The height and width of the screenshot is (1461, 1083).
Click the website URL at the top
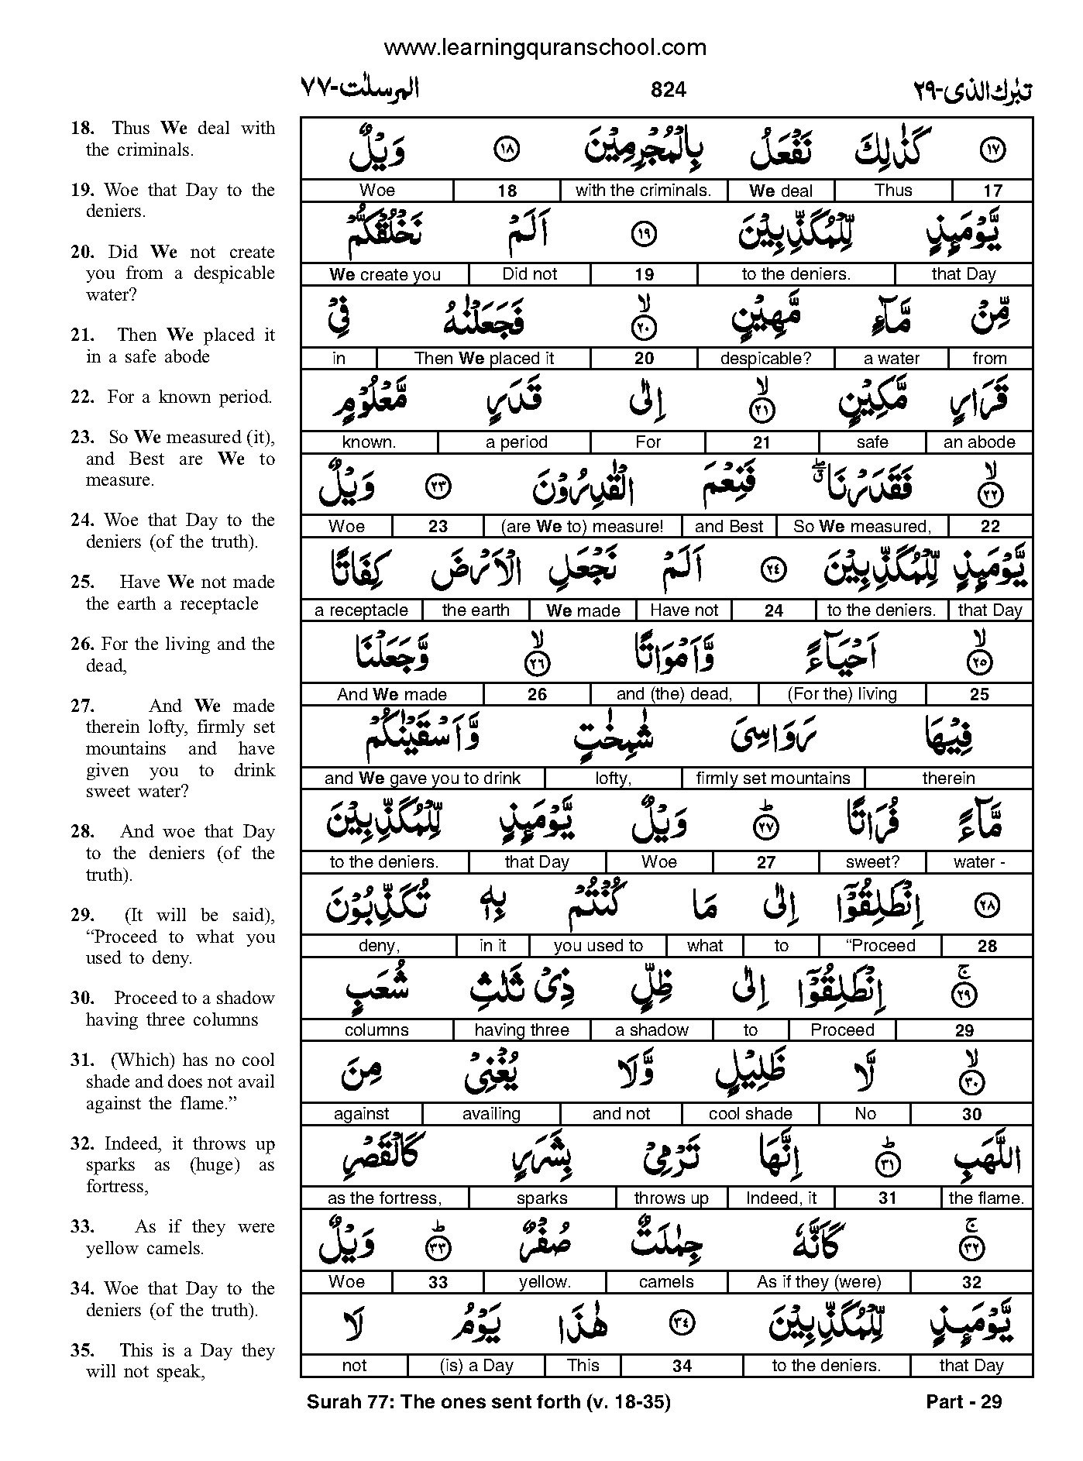click(545, 47)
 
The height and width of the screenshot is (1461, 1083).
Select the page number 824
click(668, 90)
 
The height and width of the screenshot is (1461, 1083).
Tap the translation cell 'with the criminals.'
click(643, 191)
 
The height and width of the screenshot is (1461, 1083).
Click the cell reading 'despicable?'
click(765, 359)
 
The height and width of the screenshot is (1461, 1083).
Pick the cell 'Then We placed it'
click(484, 359)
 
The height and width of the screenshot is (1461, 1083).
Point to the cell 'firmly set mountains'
click(772, 779)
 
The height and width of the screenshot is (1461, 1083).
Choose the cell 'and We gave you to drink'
click(422, 779)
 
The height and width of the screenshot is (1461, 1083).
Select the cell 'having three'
click(521, 1030)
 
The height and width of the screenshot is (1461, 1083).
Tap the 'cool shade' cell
click(750, 1114)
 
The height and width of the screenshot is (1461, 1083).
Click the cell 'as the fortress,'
click(384, 1198)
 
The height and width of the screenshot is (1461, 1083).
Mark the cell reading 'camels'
click(666, 1282)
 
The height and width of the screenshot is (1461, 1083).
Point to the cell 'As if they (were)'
click(819, 1282)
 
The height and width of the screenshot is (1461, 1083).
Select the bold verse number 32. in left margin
click(82, 1143)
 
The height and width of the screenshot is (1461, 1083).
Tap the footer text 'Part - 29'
click(964, 1401)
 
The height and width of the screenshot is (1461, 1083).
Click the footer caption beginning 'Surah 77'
click(488, 1401)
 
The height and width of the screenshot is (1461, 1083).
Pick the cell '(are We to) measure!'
click(582, 527)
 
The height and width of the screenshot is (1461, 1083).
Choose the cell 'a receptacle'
click(361, 610)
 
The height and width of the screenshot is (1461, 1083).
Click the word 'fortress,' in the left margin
click(117, 1186)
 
